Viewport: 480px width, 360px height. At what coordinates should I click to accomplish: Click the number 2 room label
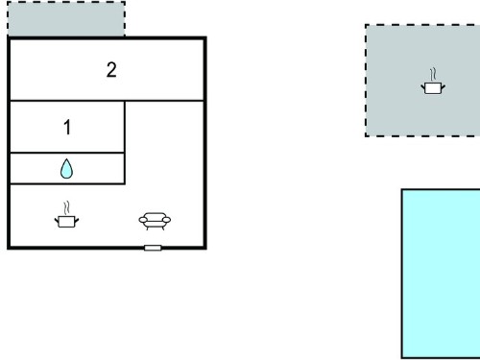point(111,70)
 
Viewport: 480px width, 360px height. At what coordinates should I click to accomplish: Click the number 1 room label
point(67,127)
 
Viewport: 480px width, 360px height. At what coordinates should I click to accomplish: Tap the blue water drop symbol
point(66,169)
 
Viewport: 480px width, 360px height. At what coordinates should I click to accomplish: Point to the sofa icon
point(155,221)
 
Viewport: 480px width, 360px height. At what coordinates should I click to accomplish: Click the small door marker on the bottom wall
point(153,248)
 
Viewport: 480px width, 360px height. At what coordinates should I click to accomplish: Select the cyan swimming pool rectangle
point(441,274)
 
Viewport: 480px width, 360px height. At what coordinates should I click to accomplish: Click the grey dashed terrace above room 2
point(66,19)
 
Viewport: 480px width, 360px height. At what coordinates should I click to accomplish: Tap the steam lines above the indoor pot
point(66,208)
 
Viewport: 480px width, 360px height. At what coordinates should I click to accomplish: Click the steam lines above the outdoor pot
point(433,75)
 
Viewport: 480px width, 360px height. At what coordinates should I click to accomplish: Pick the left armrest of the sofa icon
point(143,220)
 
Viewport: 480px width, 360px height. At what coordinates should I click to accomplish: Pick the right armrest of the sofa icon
point(166,220)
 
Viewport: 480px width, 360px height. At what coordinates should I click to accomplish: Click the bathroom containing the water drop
point(67,169)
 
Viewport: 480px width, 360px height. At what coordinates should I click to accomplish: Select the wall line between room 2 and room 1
point(67,101)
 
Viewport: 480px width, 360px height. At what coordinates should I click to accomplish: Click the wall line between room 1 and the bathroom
point(67,153)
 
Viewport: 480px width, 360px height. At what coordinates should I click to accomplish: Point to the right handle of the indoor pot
point(77,220)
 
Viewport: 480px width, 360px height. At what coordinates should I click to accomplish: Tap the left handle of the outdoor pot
point(423,86)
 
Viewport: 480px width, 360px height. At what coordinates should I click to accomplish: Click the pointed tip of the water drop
point(66,159)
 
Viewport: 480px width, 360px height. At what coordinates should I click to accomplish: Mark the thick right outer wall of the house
point(204,143)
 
